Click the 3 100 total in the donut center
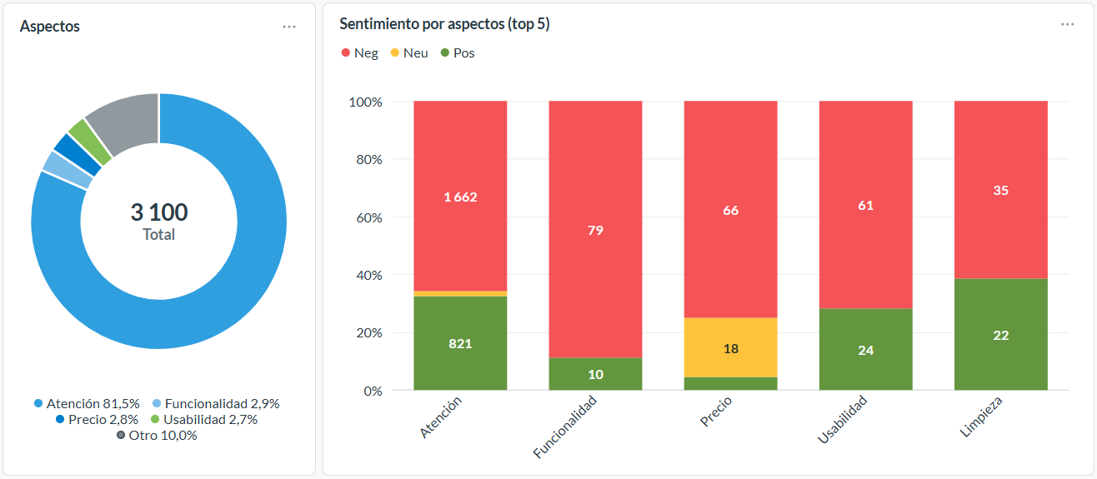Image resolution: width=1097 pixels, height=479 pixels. click(158, 212)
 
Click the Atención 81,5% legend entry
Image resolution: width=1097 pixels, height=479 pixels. click(87, 403)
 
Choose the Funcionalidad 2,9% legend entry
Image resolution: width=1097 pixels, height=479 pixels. click(216, 403)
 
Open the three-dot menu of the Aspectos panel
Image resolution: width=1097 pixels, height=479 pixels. click(289, 27)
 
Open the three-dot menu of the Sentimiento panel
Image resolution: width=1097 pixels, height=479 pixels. click(1067, 25)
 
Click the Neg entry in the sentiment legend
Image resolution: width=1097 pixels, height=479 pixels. click(359, 53)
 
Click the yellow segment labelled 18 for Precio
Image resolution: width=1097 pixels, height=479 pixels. click(730, 347)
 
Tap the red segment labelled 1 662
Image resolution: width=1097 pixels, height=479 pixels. click(460, 197)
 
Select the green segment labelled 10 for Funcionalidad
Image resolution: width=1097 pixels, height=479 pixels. click(595, 374)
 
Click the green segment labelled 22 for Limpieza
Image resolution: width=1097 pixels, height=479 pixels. click(1000, 335)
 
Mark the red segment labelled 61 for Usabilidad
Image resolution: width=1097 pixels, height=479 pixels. click(865, 205)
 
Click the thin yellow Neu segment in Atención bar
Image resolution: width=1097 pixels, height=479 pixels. click(460, 293)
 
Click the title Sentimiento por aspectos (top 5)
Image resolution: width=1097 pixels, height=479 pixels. click(444, 25)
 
